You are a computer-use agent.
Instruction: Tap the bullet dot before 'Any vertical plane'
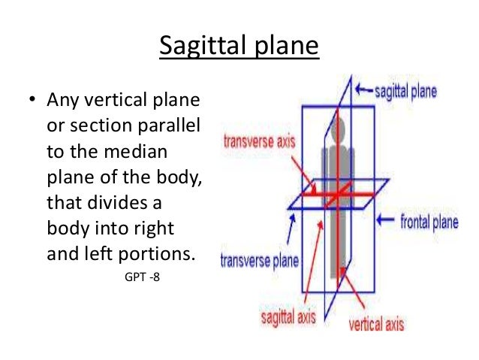point(32,100)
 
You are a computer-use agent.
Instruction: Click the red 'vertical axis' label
point(376,325)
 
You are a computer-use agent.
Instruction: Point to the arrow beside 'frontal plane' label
point(385,220)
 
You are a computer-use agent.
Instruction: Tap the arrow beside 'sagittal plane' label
point(365,92)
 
